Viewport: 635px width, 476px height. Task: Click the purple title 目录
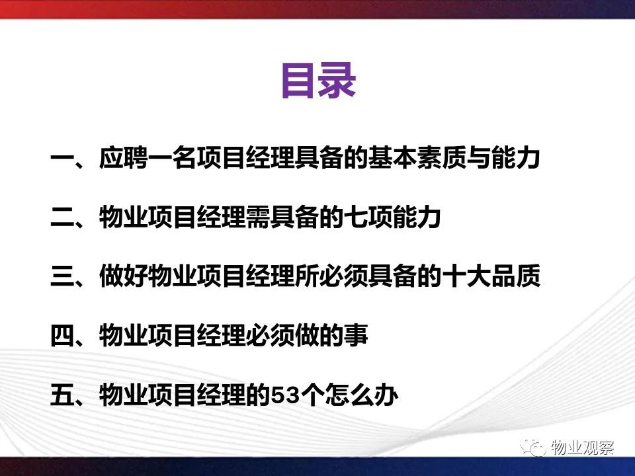point(319,81)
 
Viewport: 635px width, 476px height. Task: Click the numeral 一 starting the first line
point(62,157)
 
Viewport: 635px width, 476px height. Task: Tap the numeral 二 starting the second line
point(62,217)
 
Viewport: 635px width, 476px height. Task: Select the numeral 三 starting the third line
point(62,276)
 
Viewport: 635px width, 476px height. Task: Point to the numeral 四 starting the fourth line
point(62,336)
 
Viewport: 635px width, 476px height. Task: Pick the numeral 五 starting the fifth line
point(62,395)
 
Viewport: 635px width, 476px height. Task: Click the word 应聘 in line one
point(123,157)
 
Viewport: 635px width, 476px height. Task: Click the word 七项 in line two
point(368,217)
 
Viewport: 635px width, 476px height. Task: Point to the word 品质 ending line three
point(515,276)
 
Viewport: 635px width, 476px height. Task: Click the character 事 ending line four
point(356,336)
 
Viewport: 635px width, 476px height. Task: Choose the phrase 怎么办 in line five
point(362,395)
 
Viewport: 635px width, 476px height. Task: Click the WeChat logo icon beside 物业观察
point(534,447)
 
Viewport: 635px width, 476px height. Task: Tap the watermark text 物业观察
point(582,448)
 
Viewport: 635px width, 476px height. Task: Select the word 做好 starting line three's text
point(123,276)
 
